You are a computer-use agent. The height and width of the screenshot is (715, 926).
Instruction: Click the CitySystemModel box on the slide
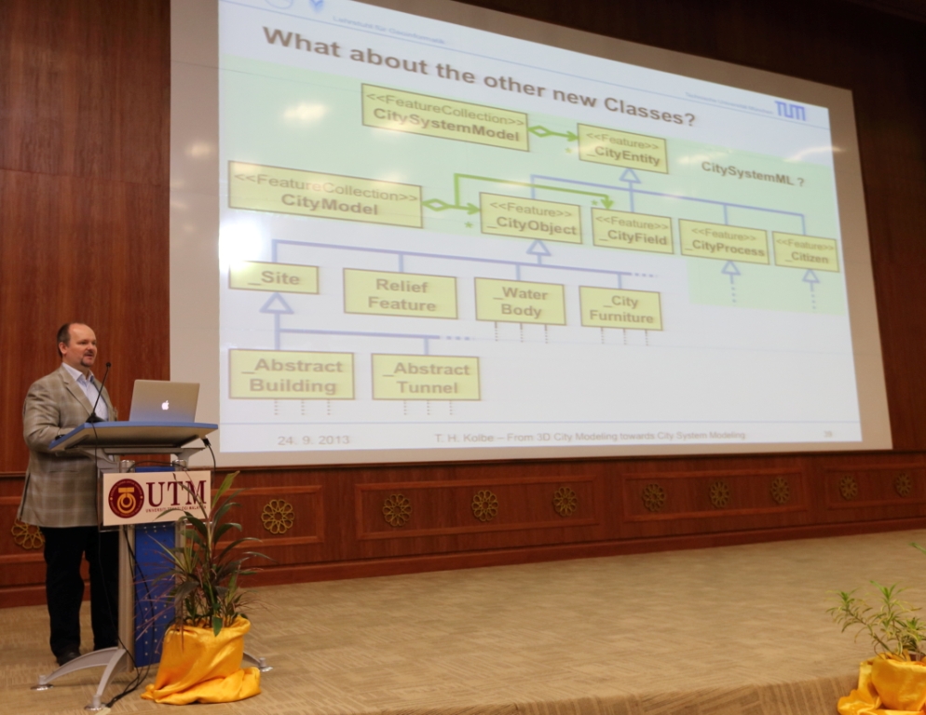444,118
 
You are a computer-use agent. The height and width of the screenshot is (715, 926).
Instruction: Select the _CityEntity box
622,148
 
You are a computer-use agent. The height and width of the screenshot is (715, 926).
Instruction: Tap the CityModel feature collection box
325,195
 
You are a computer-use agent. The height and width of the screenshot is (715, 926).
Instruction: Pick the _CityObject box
530,218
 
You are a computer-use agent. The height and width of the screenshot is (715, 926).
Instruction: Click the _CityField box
633,231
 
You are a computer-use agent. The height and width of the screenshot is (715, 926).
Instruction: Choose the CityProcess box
724,242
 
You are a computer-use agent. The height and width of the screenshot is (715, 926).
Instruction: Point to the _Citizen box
805,252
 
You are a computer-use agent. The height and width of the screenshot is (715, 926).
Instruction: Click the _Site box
274,277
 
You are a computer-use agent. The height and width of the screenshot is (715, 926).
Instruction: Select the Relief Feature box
400,293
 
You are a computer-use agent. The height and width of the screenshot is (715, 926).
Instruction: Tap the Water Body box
520,301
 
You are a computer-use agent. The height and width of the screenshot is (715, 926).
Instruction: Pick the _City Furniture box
620,308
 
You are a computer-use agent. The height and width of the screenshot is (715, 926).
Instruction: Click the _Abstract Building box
292,374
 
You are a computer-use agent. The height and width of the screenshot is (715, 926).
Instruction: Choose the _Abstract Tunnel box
426,377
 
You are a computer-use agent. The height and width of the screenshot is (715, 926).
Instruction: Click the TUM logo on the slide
790,111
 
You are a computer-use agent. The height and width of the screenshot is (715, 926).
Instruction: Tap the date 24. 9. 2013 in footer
313,438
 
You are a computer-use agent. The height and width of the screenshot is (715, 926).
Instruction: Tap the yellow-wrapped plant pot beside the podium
202,662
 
